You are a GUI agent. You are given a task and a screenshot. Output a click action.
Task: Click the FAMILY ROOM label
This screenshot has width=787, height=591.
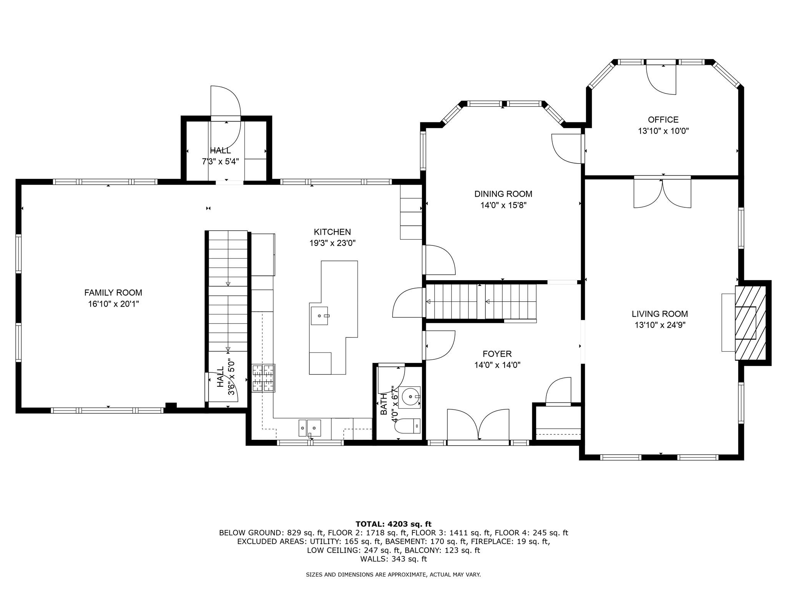coord(113,293)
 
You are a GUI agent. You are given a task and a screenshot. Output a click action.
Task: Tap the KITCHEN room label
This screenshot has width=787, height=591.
coord(332,232)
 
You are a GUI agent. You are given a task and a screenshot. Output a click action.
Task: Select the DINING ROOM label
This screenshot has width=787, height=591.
coord(503,194)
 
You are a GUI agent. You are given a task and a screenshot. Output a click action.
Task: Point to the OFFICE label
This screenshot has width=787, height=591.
coord(663,120)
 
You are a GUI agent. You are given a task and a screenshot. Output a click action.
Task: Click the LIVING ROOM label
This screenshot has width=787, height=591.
coord(660,314)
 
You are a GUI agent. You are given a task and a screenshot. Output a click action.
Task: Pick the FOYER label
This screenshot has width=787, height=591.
coord(497,354)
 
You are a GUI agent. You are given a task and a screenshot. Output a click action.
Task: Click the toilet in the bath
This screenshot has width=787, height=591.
coord(408,426)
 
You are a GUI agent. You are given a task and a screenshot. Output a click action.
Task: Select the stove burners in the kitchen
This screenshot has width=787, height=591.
coord(264,378)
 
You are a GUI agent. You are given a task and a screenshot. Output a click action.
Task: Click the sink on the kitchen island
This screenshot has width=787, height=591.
coord(319,316)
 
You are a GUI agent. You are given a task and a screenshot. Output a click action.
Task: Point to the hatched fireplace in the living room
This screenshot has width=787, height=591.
coord(750,323)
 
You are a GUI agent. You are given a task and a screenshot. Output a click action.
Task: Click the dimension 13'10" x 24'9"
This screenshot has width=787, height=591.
coord(660,325)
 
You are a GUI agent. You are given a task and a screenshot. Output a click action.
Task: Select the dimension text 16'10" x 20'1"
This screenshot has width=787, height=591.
coord(113,304)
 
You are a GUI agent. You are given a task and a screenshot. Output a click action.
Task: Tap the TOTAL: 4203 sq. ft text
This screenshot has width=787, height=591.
coord(393,524)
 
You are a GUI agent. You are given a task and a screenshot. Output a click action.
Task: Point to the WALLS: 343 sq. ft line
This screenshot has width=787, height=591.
coord(393,559)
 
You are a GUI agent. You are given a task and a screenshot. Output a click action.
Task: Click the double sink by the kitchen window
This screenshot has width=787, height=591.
coord(310,427)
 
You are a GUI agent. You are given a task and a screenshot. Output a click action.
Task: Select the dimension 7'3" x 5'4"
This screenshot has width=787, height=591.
coord(221,162)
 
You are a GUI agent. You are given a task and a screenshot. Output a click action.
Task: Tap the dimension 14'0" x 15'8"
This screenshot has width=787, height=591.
coord(503,205)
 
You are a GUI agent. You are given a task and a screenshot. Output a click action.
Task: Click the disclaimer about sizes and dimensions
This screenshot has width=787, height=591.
coord(393,575)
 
